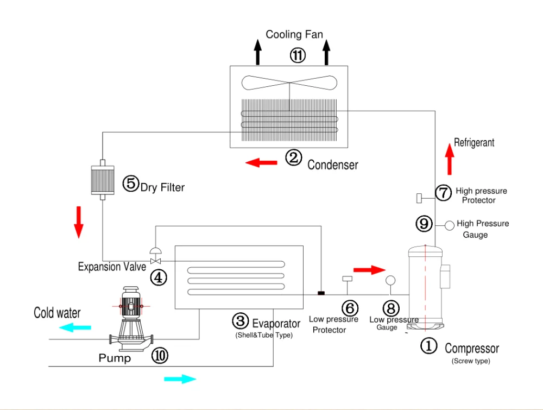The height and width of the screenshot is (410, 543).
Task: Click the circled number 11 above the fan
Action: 298,55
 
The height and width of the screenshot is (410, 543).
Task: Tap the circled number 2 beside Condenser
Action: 293,157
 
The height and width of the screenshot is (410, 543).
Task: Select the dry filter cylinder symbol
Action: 103,180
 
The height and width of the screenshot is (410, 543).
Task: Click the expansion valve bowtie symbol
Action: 155,261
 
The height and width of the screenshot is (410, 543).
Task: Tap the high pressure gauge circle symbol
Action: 450,225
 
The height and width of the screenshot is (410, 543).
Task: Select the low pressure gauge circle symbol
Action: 390,280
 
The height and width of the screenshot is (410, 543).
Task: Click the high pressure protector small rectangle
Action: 419,198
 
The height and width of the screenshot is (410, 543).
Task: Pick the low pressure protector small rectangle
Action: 347,279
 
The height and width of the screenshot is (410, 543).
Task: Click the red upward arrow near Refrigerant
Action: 450,159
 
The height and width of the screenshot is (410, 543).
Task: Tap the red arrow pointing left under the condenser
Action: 261,162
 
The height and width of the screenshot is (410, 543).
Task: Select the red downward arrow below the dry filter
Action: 79,222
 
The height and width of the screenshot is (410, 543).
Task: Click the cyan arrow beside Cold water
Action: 75,327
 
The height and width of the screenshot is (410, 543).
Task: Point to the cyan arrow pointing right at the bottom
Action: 180,379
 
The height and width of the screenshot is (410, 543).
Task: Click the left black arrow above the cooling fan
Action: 257,52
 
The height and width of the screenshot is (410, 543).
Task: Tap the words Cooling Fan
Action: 294,34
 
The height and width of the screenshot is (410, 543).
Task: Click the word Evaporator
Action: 276,324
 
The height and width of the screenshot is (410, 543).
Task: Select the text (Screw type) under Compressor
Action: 471,361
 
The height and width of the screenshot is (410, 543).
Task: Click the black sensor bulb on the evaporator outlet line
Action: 321,293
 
